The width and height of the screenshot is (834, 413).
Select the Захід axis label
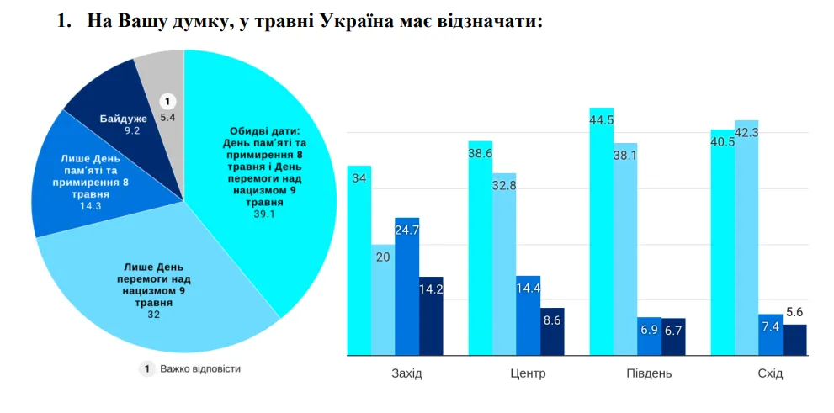406,373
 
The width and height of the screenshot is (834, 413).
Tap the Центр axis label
528,373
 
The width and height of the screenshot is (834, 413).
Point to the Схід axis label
770,373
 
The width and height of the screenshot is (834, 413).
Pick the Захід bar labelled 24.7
406,286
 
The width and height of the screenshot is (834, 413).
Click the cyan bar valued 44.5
601,236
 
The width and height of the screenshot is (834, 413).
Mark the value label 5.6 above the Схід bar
794,313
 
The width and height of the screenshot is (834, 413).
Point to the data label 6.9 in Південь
649,330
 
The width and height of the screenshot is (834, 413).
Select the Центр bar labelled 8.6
552,332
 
